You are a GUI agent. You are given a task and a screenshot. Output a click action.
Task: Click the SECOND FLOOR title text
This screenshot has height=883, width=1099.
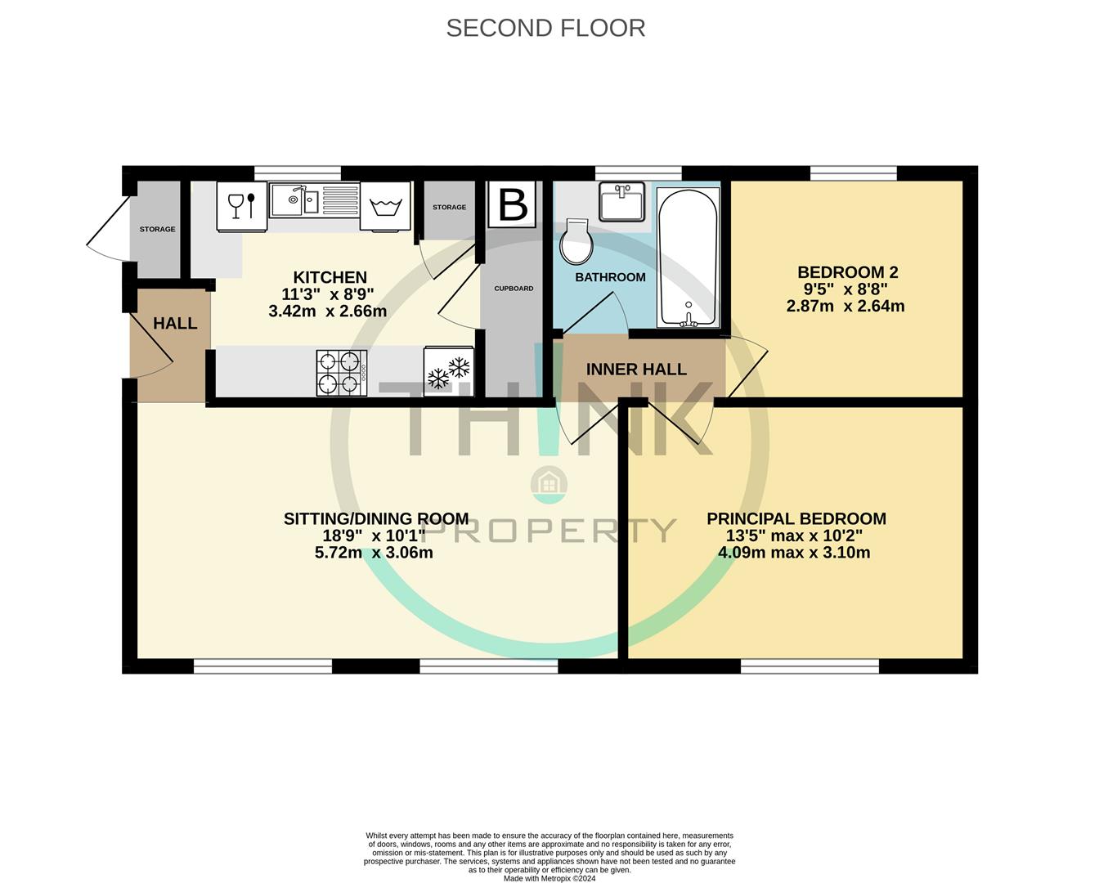pyautogui.click(x=545, y=28)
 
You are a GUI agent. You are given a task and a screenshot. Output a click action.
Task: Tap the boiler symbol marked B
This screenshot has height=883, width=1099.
pyautogui.click(x=513, y=204)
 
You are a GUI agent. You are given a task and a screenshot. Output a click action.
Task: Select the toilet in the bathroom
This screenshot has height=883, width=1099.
pyautogui.click(x=576, y=242)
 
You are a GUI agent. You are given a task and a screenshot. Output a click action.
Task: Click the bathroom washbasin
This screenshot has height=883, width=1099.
pyautogui.click(x=622, y=201)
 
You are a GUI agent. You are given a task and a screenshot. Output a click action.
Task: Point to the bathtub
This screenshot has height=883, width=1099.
pyautogui.click(x=689, y=258)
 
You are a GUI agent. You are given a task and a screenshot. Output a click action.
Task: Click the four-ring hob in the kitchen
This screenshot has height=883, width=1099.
pyautogui.click(x=342, y=373)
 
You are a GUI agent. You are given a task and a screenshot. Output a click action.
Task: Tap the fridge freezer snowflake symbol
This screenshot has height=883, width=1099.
pyautogui.click(x=449, y=372)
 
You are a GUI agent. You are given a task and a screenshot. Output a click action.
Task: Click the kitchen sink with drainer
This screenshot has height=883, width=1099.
pyautogui.click(x=315, y=199)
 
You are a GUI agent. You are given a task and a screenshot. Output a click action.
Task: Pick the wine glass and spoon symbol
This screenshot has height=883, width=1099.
pyautogui.click(x=242, y=205)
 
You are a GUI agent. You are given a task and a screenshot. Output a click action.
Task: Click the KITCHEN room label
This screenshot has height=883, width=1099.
pyautogui.click(x=330, y=277)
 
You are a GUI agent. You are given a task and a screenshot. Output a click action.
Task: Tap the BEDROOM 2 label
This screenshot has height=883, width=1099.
pyautogui.click(x=842, y=272)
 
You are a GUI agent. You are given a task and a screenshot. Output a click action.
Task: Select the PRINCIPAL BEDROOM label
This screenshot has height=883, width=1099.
pyautogui.click(x=796, y=518)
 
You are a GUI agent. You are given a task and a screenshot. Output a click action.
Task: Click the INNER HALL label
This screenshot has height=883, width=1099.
pyautogui.click(x=636, y=370)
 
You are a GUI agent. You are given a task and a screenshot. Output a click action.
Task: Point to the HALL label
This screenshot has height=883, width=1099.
pyautogui.click(x=175, y=323)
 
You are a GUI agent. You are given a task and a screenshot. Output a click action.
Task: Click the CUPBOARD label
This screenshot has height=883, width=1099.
pyautogui.click(x=514, y=289)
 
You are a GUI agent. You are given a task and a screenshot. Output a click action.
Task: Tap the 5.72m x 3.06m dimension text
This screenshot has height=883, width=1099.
pyautogui.click(x=374, y=553)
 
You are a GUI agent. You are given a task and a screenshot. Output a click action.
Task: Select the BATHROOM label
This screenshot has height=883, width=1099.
pyautogui.click(x=610, y=277)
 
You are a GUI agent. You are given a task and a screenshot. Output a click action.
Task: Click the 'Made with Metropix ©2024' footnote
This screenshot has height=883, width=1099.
pyautogui.click(x=549, y=879)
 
